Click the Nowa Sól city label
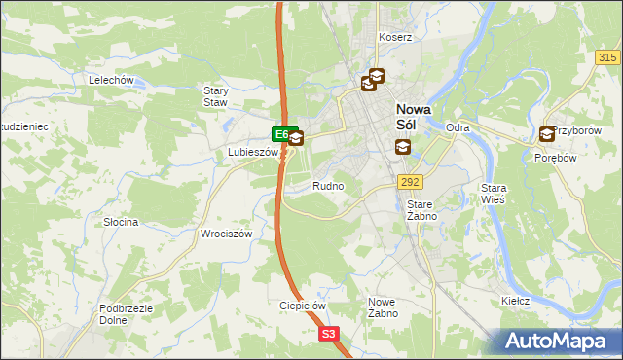pyautogui.click(x=414, y=117)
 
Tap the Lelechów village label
pyautogui.click(x=110, y=80)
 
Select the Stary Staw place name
pyautogui.click(x=215, y=96)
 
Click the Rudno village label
pyautogui.click(x=328, y=185)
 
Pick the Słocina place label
pyautogui.click(x=122, y=222)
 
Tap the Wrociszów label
pyautogui.click(x=226, y=234)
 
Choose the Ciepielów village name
pyautogui.click(x=302, y=305)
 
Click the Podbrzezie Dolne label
pyautogui.click(x=124, y=314)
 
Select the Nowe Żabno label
pyautogui.click(x=382, y=307)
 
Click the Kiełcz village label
pyautogui.click(x=515, y=301)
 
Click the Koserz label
pyautogui.click(x=396, y=37)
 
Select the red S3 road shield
pyautogui.click(x=330, y=334)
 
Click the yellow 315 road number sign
pyautogui.click(x=608, y=58)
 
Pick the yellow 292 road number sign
pyautogui.click(x=409, y=181)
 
